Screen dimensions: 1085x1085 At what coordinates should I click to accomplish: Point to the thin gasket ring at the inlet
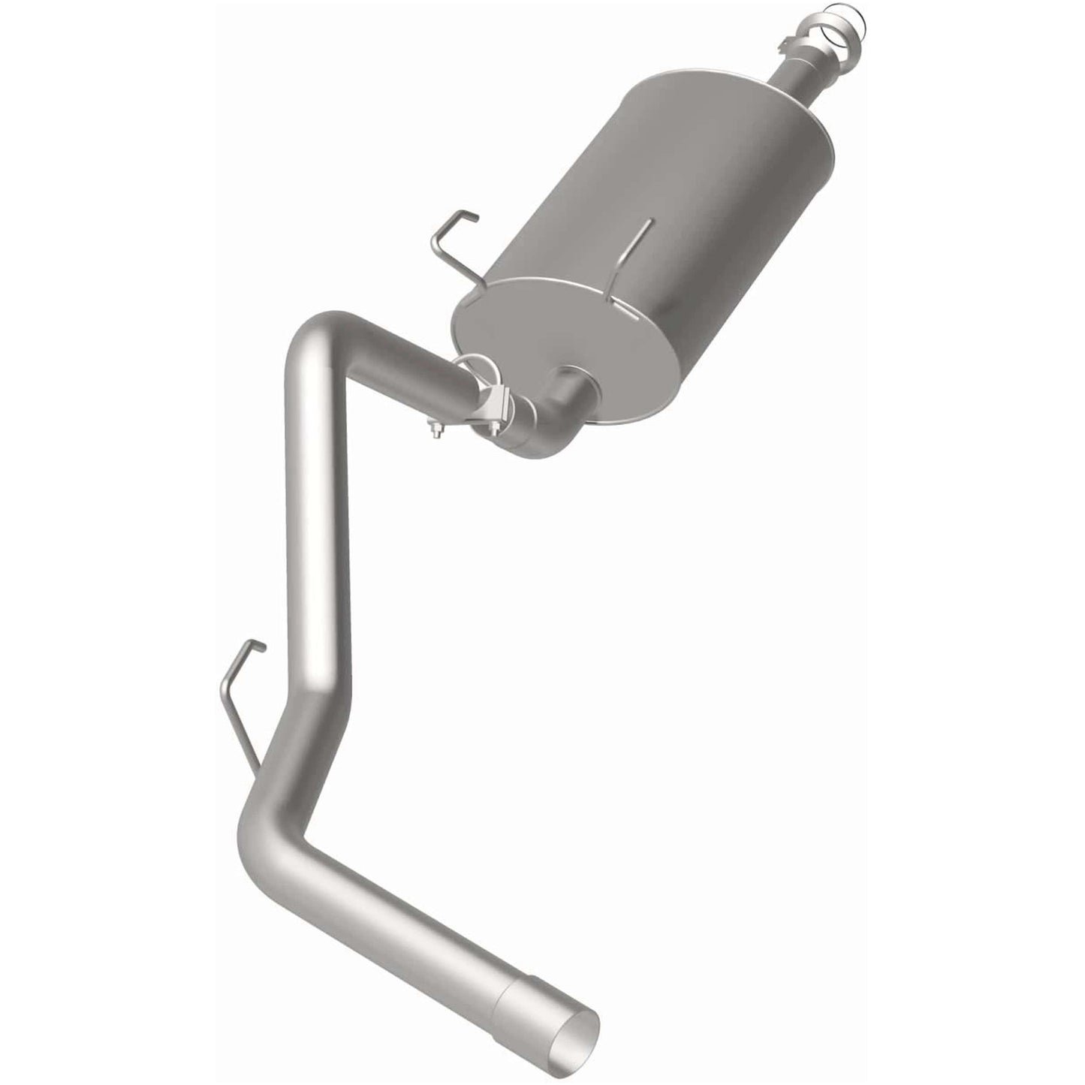847,17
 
